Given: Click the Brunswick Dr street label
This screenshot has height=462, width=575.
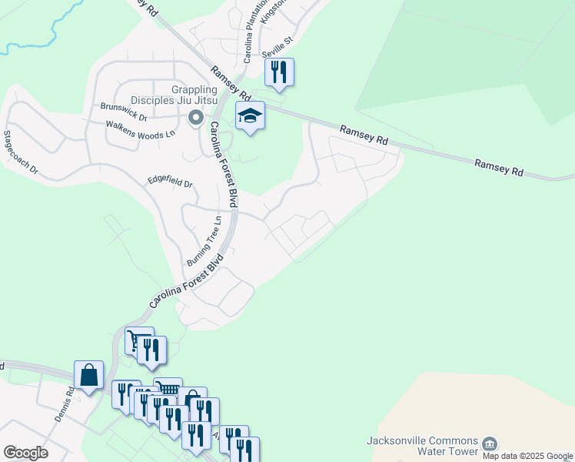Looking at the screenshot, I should [x=124, y=111].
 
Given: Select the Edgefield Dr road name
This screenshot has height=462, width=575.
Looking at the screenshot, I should [x=170, y=182].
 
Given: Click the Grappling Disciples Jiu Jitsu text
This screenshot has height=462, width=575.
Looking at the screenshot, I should [x=173, y=93].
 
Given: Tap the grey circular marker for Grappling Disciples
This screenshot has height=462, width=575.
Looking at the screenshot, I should [x=196, y=119].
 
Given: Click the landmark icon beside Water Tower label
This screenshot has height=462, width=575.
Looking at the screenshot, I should [x=490, y=444].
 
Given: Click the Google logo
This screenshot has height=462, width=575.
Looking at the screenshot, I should [x=25, y=452].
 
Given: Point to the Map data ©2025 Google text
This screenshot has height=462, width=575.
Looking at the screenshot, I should [x=527, y=456].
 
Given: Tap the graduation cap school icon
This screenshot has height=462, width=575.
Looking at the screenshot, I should [x=250, y=116].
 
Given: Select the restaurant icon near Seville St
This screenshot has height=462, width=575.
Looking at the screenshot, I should [x=279, y=72].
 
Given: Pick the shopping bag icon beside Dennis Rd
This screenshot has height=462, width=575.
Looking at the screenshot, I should [x=89, y=375].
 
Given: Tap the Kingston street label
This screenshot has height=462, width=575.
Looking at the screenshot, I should [x=272, y=11].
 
